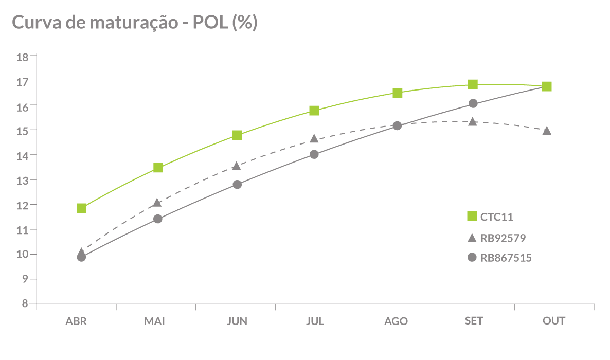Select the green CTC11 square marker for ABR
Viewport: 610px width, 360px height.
81,208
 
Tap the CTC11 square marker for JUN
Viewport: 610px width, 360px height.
237,135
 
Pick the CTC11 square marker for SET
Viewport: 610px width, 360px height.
473,84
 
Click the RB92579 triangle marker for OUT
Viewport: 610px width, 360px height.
547,131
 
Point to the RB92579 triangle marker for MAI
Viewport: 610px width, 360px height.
158,203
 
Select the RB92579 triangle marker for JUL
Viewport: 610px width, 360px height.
314,139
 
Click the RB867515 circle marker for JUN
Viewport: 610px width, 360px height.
237,185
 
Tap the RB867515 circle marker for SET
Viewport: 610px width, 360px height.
473,104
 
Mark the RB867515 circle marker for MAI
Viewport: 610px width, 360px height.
158,219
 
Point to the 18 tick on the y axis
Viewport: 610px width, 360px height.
23,56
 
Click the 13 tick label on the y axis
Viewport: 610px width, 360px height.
23,180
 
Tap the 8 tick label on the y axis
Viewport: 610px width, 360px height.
25,303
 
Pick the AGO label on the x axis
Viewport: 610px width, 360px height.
396,321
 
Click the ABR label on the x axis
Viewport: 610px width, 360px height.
76,321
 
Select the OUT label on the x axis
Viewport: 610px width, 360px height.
554,321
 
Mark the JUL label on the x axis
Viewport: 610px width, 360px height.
315,321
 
